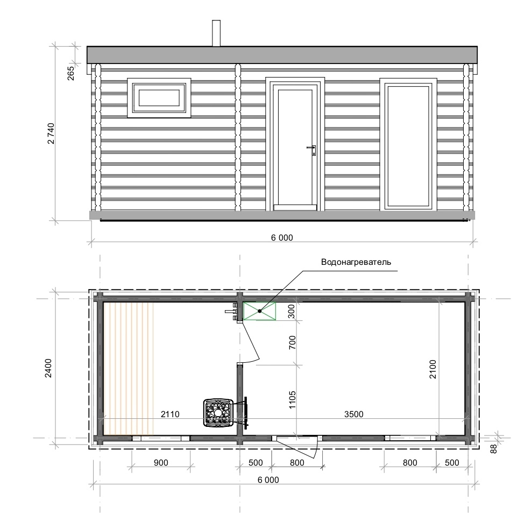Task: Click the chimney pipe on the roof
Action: point(216,33)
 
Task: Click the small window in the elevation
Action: point(159,98)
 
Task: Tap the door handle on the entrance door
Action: point(312,150)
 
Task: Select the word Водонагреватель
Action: point(356,262)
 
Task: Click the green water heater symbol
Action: point(260,311)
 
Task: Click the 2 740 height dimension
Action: point(51,133)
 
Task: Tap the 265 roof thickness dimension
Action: point(71,73)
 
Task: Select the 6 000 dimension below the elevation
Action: point(282,237)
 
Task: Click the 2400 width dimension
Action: point(48,368)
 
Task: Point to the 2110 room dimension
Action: point(170,414)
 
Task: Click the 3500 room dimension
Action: point(353,414)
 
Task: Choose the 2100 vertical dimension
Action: point(432,369)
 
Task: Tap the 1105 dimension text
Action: point(292,399)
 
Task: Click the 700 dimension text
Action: point(292,342)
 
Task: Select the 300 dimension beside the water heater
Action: point(292,311)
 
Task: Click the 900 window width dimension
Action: point(161,462)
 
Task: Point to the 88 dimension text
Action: point(494,448)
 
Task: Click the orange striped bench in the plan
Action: point(128,368)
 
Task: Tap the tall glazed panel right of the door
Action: point(408,145)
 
